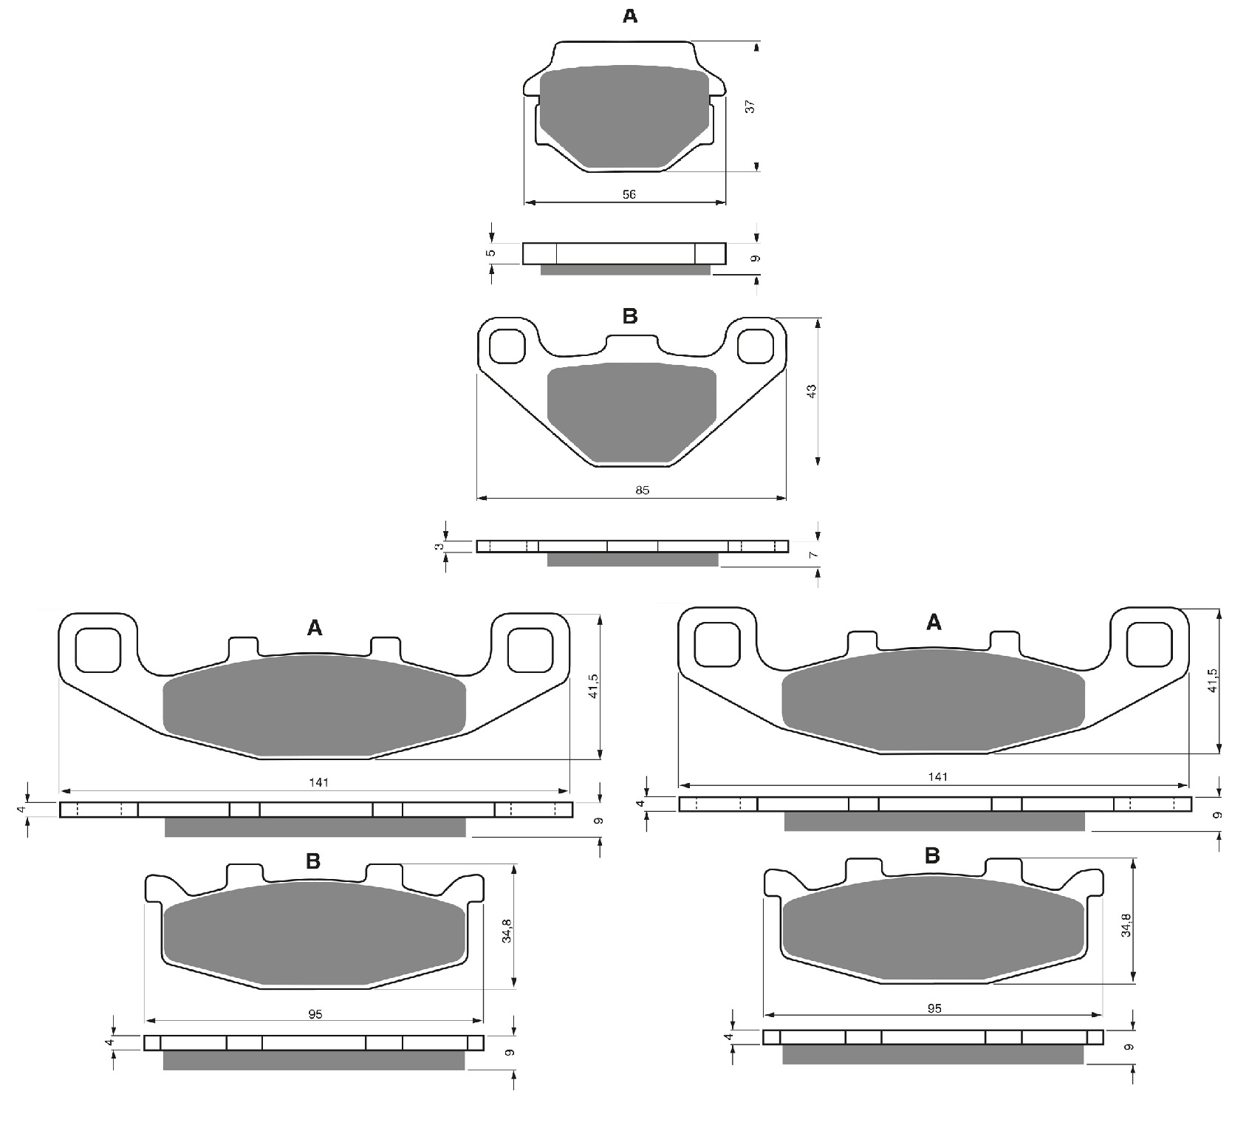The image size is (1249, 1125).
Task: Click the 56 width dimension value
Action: tap(629, 194)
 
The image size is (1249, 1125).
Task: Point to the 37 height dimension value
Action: tap(750, 106)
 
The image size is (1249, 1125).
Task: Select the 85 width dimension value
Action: tap(642, 490)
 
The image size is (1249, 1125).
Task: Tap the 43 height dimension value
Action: tap(811, 391)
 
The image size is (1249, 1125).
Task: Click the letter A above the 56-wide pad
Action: tap(629, 16)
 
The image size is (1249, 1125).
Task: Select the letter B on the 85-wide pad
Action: tap(629, 315)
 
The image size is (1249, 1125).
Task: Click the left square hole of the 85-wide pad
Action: tap(507, 346)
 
